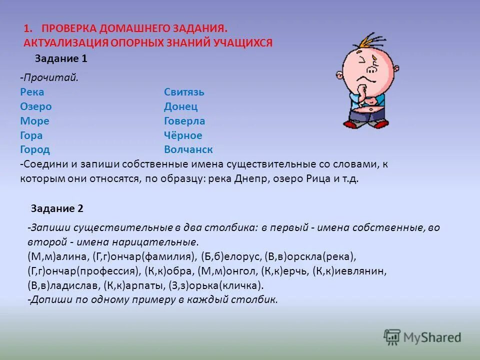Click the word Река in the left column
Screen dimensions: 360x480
pos(32,92)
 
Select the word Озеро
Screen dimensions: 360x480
pos(35,106)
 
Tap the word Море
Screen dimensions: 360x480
pos(34,121)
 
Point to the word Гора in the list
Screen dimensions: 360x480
pos(31,135)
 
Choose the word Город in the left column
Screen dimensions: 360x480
pos(35,150)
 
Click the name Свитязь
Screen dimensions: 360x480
pos(184,92)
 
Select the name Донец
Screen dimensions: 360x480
pos(180,106)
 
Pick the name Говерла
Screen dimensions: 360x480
pos(184,121)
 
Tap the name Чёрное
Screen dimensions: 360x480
pos(183,135)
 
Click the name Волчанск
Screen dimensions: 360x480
pos(188,150)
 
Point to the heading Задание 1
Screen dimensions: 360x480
pos(61,58)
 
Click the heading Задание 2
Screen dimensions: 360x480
pos(57,208)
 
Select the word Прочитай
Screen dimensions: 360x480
pos(50,78)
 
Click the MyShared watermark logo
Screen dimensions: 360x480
pos(422,337)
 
